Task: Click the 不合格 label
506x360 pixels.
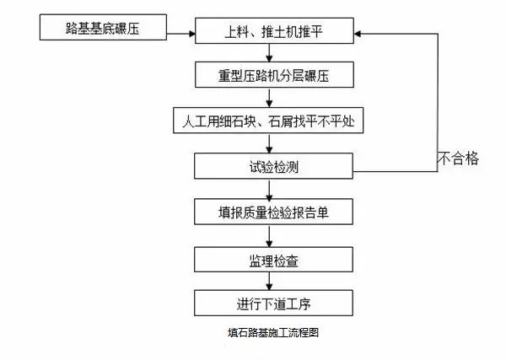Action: pyautogui.click(x=459, y=158)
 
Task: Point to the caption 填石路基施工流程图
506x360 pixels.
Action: pyautogui.click(x=267, y=333)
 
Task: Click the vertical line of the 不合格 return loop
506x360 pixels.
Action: pyautogui.click(x=437, y=101)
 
